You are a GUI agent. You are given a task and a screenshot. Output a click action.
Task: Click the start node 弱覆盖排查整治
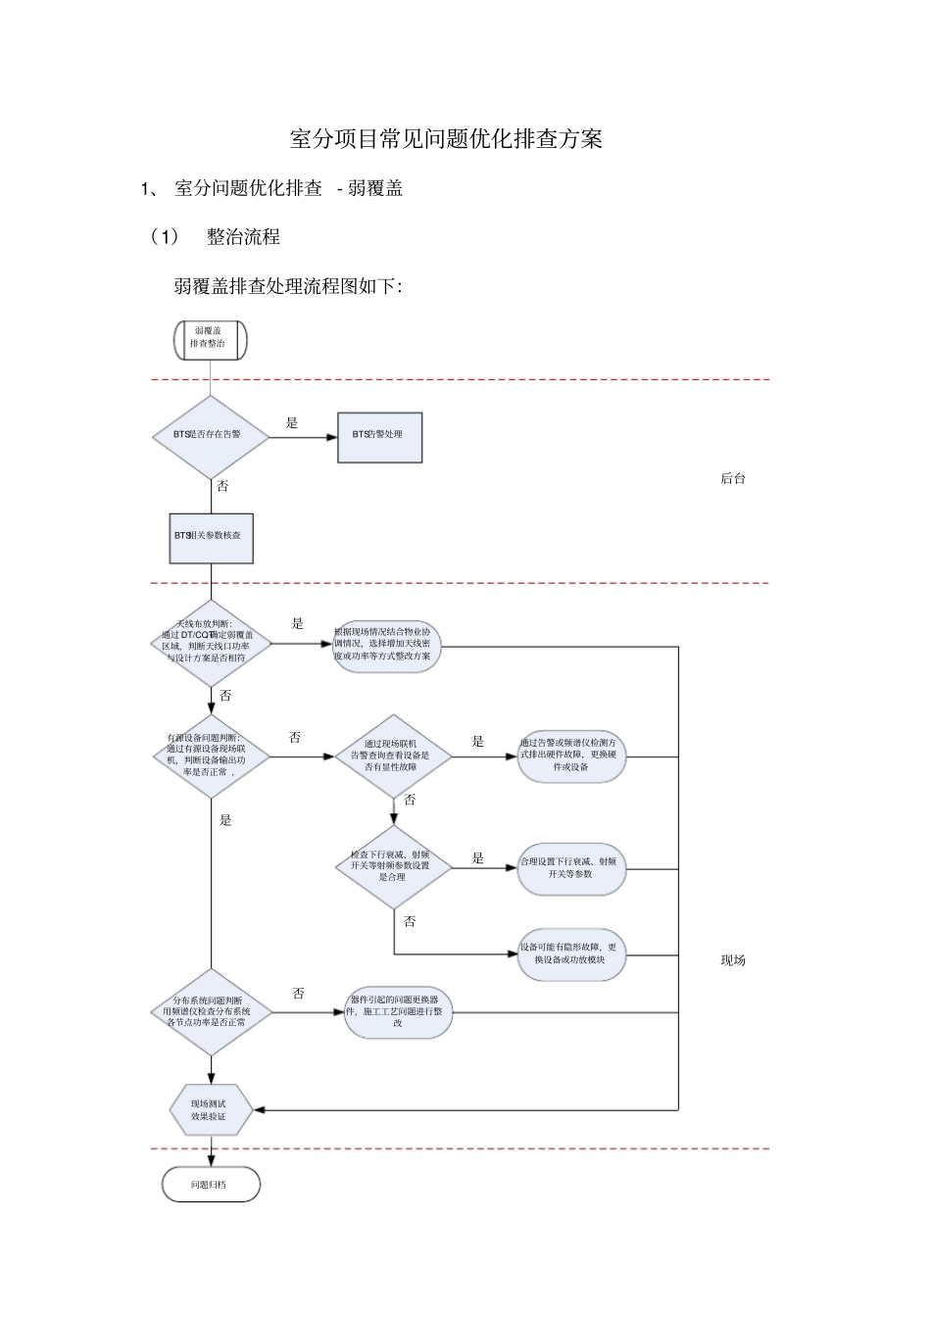point(210,339)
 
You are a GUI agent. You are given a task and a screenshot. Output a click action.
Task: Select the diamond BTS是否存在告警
point(211,437)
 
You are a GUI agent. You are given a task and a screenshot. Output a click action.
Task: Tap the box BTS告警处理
point(379,437)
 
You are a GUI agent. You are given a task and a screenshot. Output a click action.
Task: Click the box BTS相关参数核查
point(211,538)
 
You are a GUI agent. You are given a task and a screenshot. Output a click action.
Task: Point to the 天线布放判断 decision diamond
point(211,644)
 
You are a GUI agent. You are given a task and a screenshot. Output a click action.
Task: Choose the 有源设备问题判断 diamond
point(211,756)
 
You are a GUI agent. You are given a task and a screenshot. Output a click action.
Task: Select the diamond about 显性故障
point(393,756)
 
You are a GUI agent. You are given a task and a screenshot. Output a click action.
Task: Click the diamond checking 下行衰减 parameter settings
point(393,866)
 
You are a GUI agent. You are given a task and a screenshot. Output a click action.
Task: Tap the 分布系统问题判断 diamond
point(211,1011)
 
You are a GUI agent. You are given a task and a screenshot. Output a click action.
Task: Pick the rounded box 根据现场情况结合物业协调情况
point(387,645)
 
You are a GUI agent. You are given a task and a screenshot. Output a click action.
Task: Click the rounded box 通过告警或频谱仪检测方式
point(571,756)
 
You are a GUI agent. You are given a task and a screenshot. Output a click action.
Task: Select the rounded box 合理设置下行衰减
point(571,867)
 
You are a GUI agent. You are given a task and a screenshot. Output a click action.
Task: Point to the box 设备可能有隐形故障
point(571,953)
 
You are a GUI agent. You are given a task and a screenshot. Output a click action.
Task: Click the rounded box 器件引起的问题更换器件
point(398,1011)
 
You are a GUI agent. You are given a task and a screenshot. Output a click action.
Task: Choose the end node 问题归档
point(211,1184)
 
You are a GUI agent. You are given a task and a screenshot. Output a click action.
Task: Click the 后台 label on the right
point(733,479)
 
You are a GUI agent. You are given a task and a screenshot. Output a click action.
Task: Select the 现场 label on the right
point(733,960)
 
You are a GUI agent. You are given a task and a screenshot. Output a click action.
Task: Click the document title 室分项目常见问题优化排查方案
point(446,139)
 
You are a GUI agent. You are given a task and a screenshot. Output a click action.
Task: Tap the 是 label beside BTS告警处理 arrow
point(292,423)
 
